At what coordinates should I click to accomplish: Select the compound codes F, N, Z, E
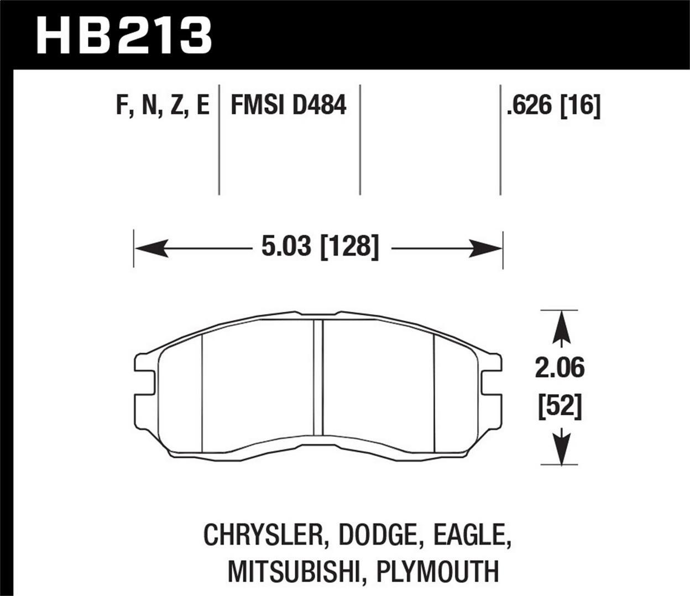(163, 105)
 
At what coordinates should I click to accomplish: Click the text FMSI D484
(288, 105)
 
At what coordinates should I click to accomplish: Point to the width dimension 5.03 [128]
(320, 247)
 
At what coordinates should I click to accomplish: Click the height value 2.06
(559, 368)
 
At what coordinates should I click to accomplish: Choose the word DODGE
(376, 535)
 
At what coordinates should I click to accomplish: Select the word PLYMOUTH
(437, 571)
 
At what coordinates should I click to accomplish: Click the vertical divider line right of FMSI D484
(360, 139)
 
